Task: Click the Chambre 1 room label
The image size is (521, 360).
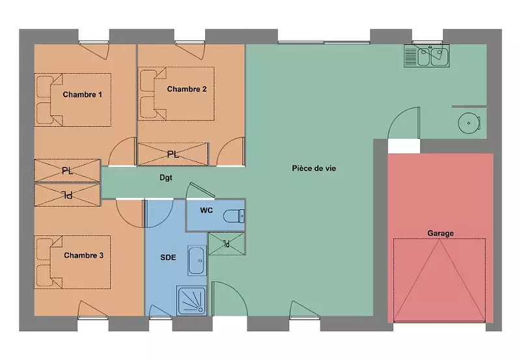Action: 83,94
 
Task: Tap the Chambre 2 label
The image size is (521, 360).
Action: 187,89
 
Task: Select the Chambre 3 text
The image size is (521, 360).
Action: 84,255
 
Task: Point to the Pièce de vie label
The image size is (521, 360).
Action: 314,169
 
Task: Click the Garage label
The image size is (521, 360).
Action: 441,233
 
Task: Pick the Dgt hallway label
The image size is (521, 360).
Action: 166,178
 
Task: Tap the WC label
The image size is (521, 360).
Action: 206,210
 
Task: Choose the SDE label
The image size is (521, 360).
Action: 168,257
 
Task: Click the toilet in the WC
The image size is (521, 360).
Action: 234,217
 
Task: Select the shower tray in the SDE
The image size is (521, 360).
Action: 191,301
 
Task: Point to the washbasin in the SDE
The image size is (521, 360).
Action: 197,260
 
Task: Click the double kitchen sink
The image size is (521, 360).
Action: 427,56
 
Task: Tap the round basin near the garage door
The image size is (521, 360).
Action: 469,123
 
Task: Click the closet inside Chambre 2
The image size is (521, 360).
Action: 173,154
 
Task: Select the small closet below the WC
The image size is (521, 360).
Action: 227,243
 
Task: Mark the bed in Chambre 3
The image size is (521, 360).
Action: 73,262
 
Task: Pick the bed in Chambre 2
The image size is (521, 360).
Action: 176,94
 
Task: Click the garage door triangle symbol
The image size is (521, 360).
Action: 440,280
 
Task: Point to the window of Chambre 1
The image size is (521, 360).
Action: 94,42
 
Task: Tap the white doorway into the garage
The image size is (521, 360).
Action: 404,146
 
